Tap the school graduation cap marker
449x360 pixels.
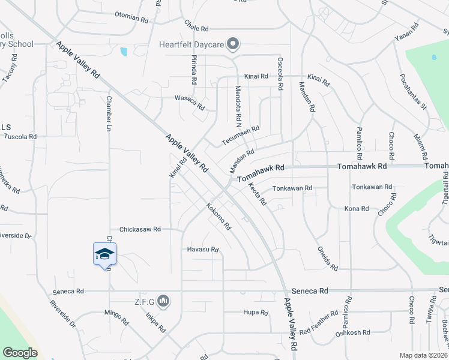point(104,254)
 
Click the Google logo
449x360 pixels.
point(20,353)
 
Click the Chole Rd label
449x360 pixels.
point(196,28)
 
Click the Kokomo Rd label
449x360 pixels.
point(218,217)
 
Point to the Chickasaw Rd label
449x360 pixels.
point(140,229)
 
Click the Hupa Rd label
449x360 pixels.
point(255,313)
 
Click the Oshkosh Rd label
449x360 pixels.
point(352,332)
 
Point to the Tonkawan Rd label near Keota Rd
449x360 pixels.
point(292,188)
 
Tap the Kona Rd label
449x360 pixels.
point(356,208)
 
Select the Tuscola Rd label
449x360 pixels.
point(20,137)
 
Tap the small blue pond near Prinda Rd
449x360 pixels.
point(124,52)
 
